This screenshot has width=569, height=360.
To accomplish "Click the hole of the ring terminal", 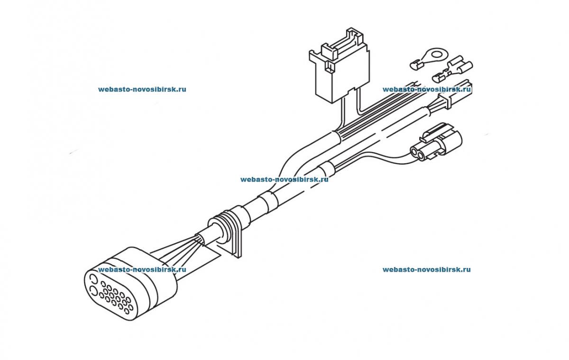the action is click(437, 55).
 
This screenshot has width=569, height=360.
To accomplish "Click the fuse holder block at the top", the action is click(340, 65).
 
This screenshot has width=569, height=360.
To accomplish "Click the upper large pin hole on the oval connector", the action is click(93, 280).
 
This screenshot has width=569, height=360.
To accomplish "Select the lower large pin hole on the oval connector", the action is click(93, 291).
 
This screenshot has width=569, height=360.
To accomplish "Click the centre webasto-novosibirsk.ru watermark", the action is click(284, 179).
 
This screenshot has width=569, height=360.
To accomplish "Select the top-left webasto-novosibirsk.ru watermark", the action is click(142, 89).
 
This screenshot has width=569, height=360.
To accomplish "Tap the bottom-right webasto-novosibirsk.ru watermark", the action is click(426, 269).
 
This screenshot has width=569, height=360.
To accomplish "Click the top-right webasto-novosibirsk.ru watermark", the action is click(426, 89).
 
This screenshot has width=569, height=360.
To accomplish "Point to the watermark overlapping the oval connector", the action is click(142, 269).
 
